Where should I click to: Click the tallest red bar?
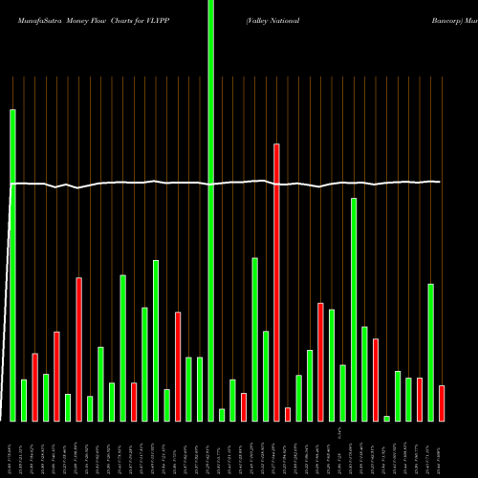pyautogui.click(x=276, y=282)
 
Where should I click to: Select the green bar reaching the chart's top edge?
pyautogui.click(x=210, y=210)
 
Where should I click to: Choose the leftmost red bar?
pyautogui.click(x=34, y=387)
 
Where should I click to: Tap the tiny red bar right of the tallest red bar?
pyautogui.click(x=288, y=414)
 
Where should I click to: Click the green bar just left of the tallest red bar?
pyautogui.click(x=266, y=376)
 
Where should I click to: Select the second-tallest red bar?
pyautogui.click(x=78, y=349)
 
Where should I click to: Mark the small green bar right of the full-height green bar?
pyautogui.click(x=222, y=415)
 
